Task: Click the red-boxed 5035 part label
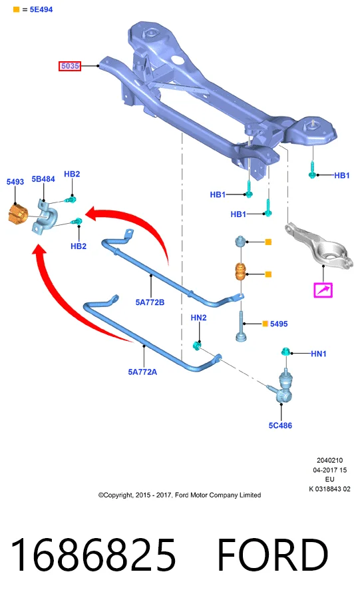[70, 66]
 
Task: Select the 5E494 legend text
[41, 9]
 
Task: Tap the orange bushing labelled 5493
[18, 214]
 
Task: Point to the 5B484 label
[43, 179]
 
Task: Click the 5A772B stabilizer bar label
[150, 302]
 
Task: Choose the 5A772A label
[142, 372]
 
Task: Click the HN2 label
[198, 318]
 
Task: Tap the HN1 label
[319, 354]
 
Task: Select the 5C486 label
[280, 426]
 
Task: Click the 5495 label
[279, 324]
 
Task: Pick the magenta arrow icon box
[323, 290]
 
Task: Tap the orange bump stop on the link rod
[242, 272]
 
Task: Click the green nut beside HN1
[286, 352]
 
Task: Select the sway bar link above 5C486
[282, 386]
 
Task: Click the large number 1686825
[93, 555]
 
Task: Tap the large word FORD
[273, 555]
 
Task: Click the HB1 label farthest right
[342, 175]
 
